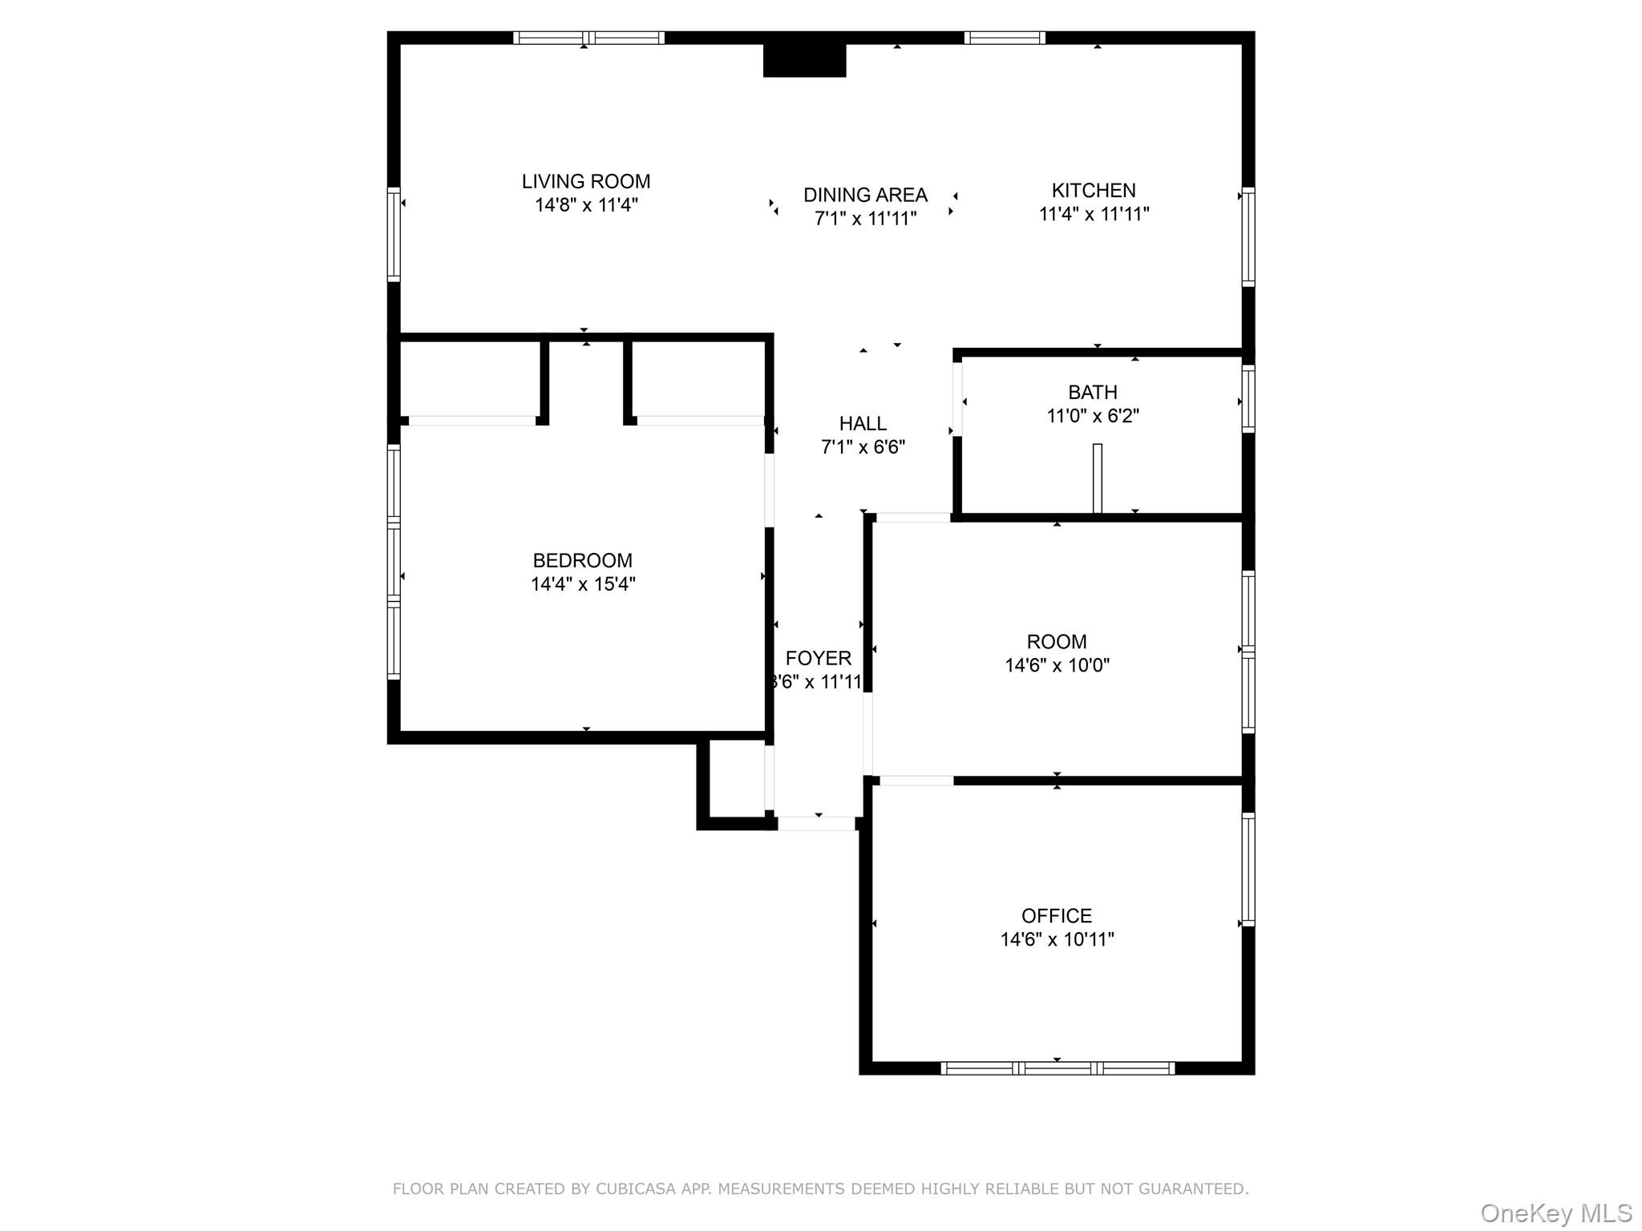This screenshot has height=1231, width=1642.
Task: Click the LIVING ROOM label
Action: coord(586,182)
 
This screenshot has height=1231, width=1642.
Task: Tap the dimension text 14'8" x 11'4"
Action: coord(586,205)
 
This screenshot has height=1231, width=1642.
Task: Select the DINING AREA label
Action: coord(865,195)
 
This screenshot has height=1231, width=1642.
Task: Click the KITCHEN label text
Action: coord(1094,191)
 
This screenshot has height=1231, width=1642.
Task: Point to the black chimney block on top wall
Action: coord(804,60)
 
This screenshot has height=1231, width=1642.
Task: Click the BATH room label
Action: coord(1093,393)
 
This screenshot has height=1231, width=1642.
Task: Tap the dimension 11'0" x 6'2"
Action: coord(1093,416)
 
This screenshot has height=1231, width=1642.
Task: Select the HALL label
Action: coord(863,424)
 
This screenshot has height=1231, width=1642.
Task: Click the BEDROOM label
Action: coord(583,561)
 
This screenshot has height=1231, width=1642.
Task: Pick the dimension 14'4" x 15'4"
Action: coord(583,584)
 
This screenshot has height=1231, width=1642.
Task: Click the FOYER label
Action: coord(818,659)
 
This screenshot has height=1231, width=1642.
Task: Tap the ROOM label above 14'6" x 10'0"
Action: coord(1057,642)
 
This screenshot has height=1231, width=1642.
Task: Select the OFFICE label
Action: coord(1057,916)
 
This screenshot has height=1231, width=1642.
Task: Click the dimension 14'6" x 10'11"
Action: coord(1057,939)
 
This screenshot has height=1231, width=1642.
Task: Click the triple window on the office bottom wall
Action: coord(1057,1068)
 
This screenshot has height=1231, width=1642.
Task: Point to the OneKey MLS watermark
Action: coord(1555,1213)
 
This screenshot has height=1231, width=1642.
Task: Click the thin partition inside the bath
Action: coord(1098,478)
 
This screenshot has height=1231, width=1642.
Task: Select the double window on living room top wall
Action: coord(588,38)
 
